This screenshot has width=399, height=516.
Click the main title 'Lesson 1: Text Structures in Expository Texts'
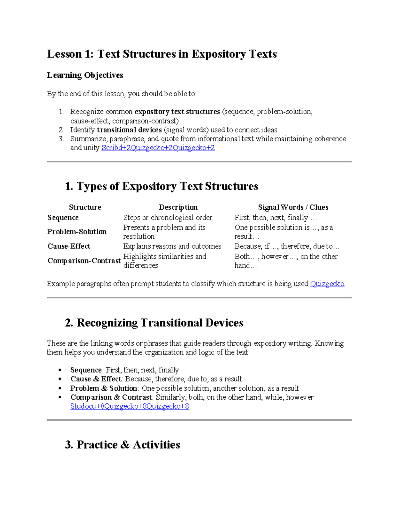click(162, 54)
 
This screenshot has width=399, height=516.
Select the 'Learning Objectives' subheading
click(85, 75)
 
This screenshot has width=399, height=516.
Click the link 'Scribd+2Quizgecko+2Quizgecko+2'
click(158, 148)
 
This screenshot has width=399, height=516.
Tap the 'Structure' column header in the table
click(85, 207)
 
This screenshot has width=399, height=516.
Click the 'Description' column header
click(178, 207)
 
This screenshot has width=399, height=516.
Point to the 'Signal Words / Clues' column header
click(293, 207)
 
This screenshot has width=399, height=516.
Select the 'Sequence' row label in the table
click(63, 218)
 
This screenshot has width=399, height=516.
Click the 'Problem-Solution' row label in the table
click(77, 232)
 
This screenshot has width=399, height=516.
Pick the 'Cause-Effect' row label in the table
click(69, 246)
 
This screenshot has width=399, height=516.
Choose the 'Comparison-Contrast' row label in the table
click(84, 261)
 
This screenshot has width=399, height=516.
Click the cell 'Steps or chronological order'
click(168, 218)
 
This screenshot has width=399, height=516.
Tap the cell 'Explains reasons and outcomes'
click(172, 246)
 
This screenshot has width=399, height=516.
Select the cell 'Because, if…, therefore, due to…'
click(287, 246)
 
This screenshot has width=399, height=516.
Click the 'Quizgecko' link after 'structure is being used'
click(327, 284)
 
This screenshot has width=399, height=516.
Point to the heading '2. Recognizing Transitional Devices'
click(154, 323)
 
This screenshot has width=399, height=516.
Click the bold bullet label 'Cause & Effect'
click(96, 379)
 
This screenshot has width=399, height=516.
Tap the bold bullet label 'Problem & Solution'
click(104, 388)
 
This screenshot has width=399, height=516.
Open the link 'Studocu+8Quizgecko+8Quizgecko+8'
click(130, 406)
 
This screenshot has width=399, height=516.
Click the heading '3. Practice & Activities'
click(122, 445)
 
